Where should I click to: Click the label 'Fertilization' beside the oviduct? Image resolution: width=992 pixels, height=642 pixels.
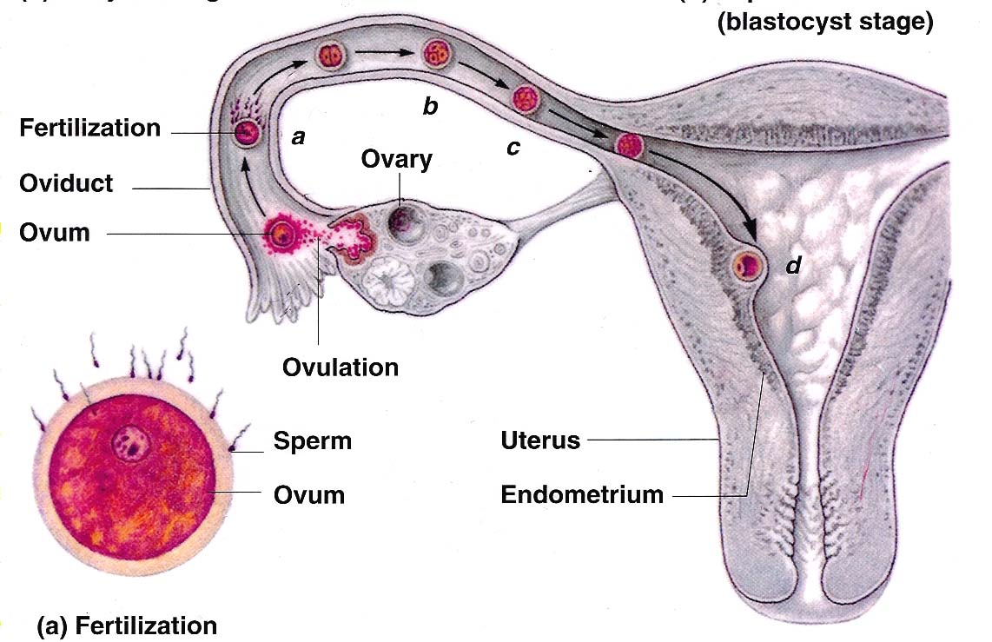(90, 129)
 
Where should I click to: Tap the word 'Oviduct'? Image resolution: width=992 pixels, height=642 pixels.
(66, 184)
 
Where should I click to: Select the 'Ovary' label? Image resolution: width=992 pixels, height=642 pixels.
(398, 160)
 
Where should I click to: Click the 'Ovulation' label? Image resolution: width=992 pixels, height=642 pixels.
(340, 367)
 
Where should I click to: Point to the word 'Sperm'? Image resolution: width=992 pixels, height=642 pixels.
(313, 441)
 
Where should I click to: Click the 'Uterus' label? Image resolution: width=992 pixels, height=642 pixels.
(539, 440)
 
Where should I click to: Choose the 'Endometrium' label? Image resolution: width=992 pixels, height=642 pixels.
(582, 495)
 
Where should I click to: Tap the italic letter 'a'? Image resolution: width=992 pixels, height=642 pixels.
(298, 136)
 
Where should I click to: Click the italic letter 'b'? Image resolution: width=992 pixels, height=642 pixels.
(429, 106)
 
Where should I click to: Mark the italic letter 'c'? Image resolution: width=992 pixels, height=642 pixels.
(513, 148)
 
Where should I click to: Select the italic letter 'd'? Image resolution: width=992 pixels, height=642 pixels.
(793, 266)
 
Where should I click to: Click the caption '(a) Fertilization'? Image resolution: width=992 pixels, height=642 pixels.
(127, 625)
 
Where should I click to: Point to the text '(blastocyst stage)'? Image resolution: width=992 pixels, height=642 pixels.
(824, 23)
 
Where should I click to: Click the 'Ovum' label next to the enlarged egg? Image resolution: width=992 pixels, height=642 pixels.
(309, 495)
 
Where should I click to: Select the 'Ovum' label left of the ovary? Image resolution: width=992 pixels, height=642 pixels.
(54, 233)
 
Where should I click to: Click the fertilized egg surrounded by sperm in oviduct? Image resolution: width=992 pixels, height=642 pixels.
(246, 134)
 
